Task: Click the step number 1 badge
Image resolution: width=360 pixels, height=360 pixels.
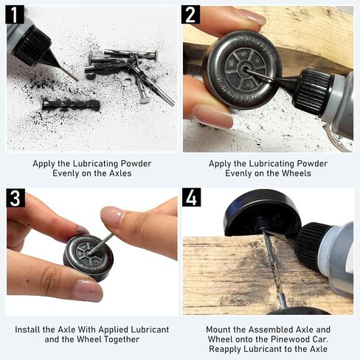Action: [15, 15]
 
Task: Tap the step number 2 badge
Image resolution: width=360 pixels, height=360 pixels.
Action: [190, 15]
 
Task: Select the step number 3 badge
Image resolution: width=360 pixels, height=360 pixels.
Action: [15, 198]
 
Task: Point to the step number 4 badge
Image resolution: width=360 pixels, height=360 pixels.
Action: [191, 198]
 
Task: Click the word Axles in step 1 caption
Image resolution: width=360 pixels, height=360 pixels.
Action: [120, 173]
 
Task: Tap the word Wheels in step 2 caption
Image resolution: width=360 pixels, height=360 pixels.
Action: [296, 173]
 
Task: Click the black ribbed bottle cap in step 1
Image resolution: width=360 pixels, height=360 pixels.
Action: [31, 46]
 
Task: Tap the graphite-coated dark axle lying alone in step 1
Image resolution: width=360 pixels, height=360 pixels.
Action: [71, 105]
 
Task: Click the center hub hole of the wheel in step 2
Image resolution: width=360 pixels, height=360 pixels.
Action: [244, 69]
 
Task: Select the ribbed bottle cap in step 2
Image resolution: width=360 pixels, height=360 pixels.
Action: [314, 90]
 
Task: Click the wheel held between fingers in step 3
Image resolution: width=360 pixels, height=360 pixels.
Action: [89, 257]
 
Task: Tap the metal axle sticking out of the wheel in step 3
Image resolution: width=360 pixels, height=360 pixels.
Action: [101, 244]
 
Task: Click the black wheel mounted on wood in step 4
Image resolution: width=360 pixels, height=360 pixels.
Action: [263, 212]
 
